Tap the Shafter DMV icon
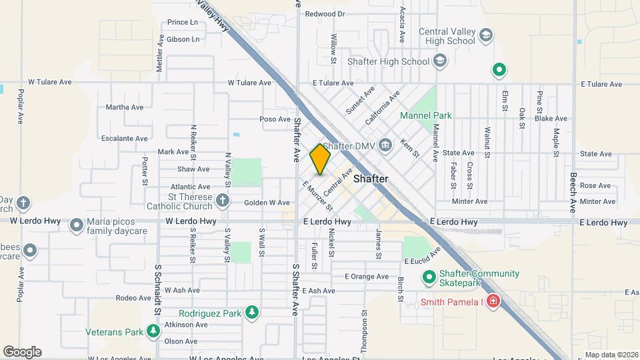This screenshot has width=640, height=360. [x=385, y=145]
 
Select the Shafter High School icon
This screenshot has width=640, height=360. [x=439, y=61]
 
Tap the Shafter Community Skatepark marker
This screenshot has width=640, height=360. [x=429, y=276]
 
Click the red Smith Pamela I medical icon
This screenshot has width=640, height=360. [x=493, y=301]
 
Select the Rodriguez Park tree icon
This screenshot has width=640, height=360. [x=251, y=313]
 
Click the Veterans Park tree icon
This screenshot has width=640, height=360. [x=154, y=331]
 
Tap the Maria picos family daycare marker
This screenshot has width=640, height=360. [x=77, y=225]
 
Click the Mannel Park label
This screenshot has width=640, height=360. [x=425, y=115]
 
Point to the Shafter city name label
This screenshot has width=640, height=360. [x=371, y=179]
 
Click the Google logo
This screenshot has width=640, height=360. [x=22, y=352]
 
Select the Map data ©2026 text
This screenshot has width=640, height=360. [x=611, y=355]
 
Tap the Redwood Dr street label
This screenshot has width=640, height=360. [x=325, y=13]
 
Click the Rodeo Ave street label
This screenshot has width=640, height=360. [x=130, y=298]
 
